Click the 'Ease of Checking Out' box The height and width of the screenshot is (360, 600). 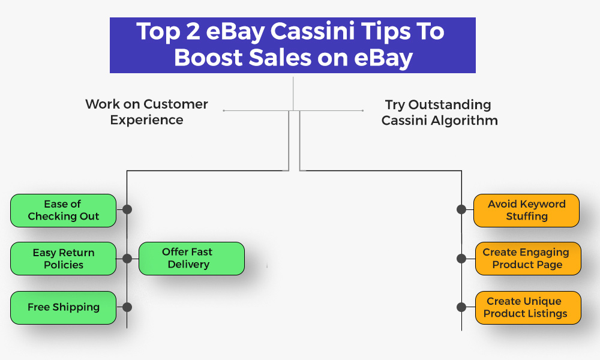(x=63, y=211)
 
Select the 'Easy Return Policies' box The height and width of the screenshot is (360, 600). (x=63, y=259)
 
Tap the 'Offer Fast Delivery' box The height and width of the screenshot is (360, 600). (x=191, y=259)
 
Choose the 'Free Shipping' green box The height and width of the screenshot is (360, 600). (x=63, y=308)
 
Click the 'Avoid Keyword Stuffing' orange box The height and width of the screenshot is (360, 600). (x=527, y=211)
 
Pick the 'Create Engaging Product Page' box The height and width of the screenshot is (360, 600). (x=528, y=259)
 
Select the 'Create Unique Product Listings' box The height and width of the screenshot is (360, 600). (x=528, y=308)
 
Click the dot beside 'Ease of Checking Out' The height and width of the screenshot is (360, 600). (x=127, y=209)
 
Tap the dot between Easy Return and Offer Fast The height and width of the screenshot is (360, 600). (x=127, y=259)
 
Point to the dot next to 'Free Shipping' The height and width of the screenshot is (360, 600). (x=127, y=307)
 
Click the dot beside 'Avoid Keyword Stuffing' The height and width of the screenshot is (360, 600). (x=461, y=209)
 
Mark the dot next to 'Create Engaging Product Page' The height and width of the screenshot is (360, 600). (x=461, y=259)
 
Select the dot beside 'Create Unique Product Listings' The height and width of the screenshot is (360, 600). (x=461, y=307)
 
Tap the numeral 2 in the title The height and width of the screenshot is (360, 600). (x=193, y=31)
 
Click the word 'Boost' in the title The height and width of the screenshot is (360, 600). (x=208, y=58)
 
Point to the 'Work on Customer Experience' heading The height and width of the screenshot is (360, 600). (x=146, y=112)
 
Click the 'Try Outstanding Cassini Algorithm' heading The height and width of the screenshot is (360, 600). (x=440, y=112)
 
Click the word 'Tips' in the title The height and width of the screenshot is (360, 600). (x=384, y=32)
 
